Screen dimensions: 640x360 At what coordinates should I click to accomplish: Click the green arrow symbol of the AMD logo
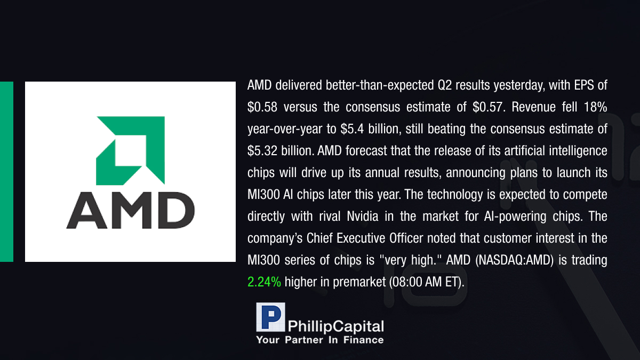coord(130,150)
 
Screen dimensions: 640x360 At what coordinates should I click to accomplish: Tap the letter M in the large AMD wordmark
coord(131,210)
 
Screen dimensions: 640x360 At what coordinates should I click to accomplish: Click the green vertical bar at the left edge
coord(6,172)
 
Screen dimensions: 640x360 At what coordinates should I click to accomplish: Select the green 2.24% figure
coord(264,282)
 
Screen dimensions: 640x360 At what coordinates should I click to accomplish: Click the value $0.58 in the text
coord(262,107)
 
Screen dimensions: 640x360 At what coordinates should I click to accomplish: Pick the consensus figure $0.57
coord(487,107)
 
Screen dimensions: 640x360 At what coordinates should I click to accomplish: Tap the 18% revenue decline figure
coord(595,107)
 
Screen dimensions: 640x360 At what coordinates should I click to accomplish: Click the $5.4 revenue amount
coord(352,129)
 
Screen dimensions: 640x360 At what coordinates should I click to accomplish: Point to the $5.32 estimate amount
coord(262,151)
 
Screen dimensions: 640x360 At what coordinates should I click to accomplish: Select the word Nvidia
coord(363,217)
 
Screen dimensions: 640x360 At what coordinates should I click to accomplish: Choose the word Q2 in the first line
coord(445,85)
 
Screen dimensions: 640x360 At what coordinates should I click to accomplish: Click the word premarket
coord(359,283)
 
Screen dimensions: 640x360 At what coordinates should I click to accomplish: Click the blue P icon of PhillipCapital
coord(270,317)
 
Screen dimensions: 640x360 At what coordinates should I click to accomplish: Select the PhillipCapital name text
coord(335,326)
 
